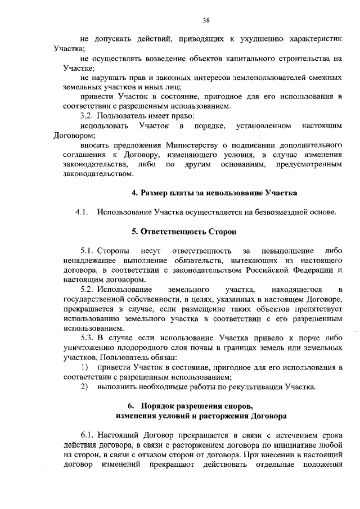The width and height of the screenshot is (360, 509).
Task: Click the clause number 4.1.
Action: click(82, 212)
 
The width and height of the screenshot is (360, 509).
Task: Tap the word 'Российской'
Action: click(266, 270)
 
